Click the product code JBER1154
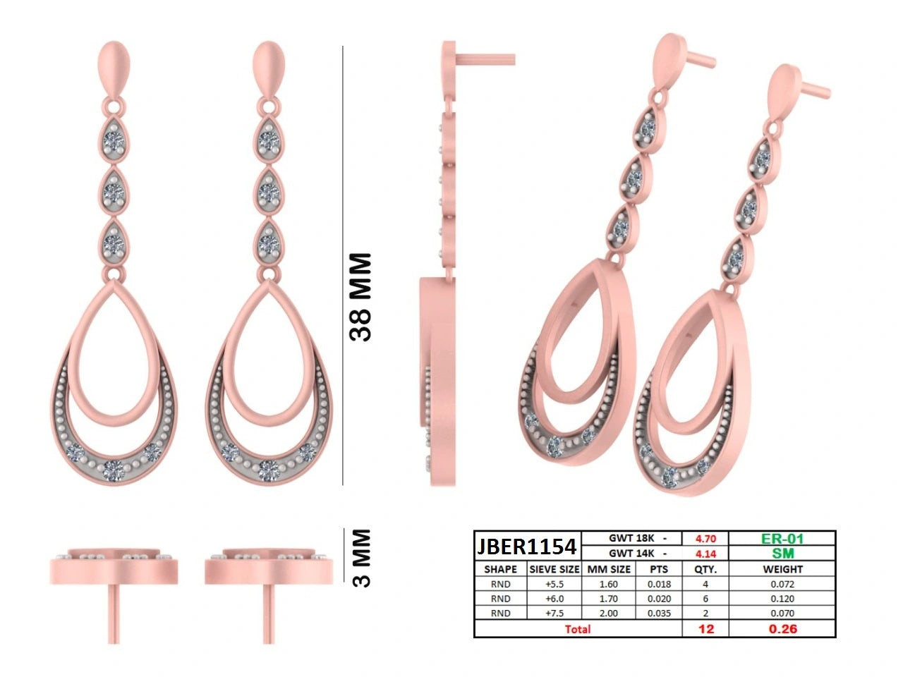pyautogui.click(x=526, y=547)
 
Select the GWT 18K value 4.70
pyautogui.click(x=705, y=539)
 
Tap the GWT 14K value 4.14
pyautogui.click(x=705, y=554)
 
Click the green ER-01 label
pyautogui.click(x=782, y=539)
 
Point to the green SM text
pyautogui.click(x=782, y=554)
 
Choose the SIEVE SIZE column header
pyautogui.click(x=554, y=569)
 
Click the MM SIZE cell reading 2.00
pyautogui.click(x=608, y=614)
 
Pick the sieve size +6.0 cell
pyautogui.click(x=554, y=599)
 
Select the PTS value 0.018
pyautogui.click(x=659, y=584)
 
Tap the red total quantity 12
pyautogui.click(x=706, y=629)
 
